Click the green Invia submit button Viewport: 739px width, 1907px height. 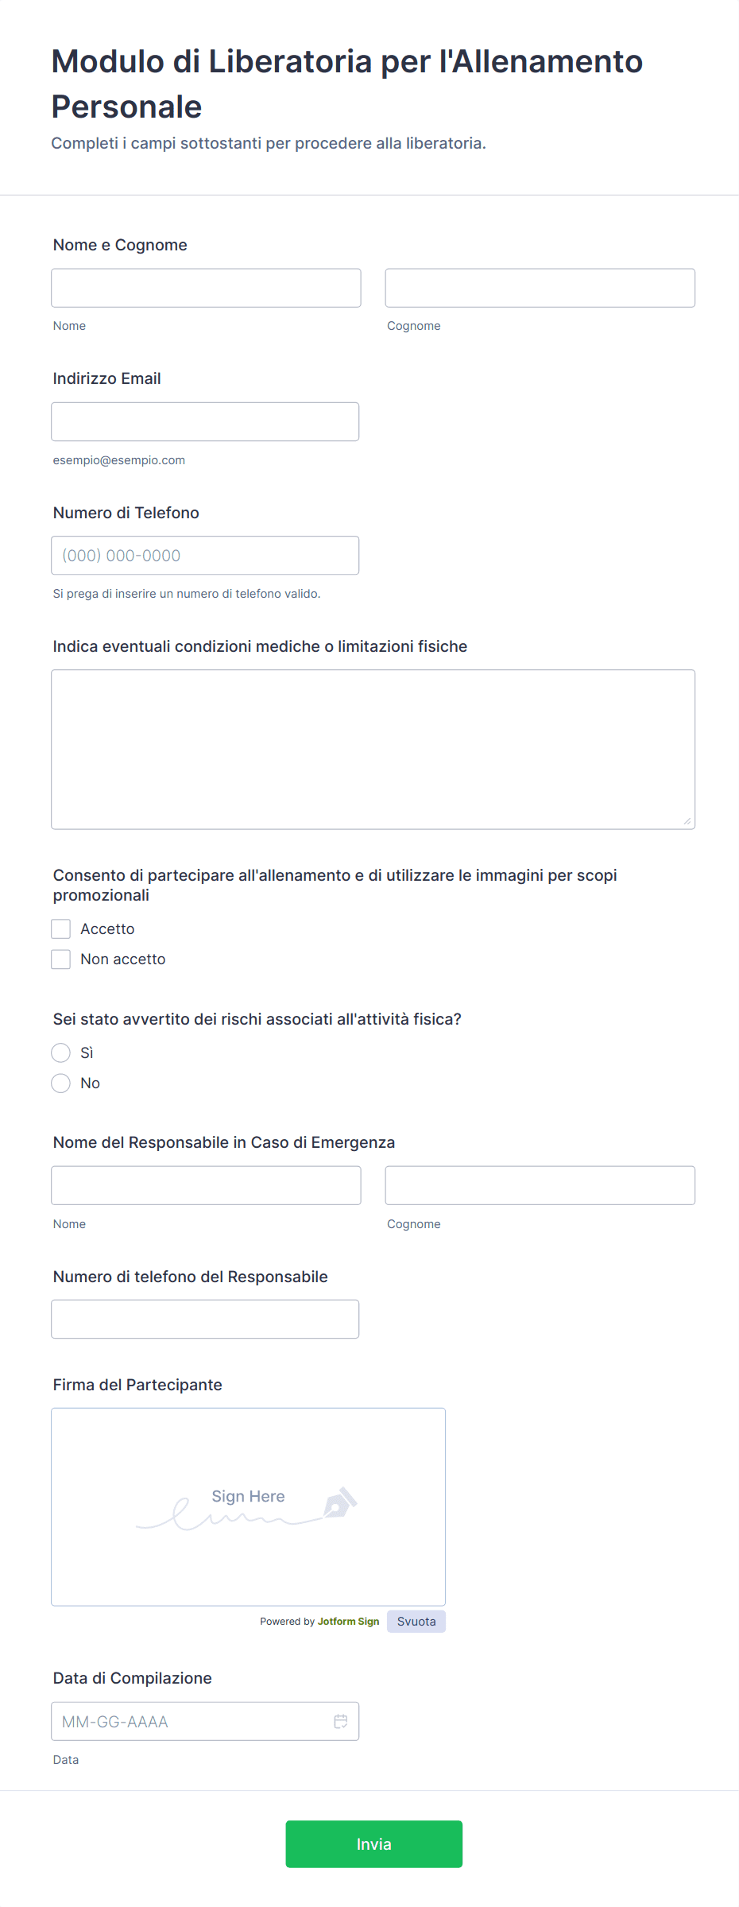click(373, 1843)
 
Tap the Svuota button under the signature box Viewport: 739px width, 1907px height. click(416, 1621)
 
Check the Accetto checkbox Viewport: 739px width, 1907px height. click(61, 928)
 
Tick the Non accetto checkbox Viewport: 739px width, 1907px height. click(61, 959)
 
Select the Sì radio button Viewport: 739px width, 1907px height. click(61, 1052)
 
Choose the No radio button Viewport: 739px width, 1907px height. click(61, 1083)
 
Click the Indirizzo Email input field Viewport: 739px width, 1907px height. click(205, 421)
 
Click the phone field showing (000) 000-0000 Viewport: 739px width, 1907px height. click(205, 556)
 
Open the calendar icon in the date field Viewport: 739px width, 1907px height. click(341, 1721)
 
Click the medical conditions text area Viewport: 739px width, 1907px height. click(373, 749)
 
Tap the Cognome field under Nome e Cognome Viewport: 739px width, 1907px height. click(540, 288)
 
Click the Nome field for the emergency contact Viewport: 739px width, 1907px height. click(206, 1185)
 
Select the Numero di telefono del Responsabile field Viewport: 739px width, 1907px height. click(205, 1319)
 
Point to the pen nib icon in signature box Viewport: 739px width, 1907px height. click(339, 1502)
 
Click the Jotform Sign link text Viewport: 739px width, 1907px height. click(348, 1621)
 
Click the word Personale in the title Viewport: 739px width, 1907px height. click(127, 107)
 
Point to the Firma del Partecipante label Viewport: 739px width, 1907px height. click(137, 1385)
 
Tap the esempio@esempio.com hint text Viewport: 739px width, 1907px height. click(119, 460)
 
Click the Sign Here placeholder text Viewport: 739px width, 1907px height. click(248, 1496)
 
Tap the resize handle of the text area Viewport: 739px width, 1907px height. click(687, 821)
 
